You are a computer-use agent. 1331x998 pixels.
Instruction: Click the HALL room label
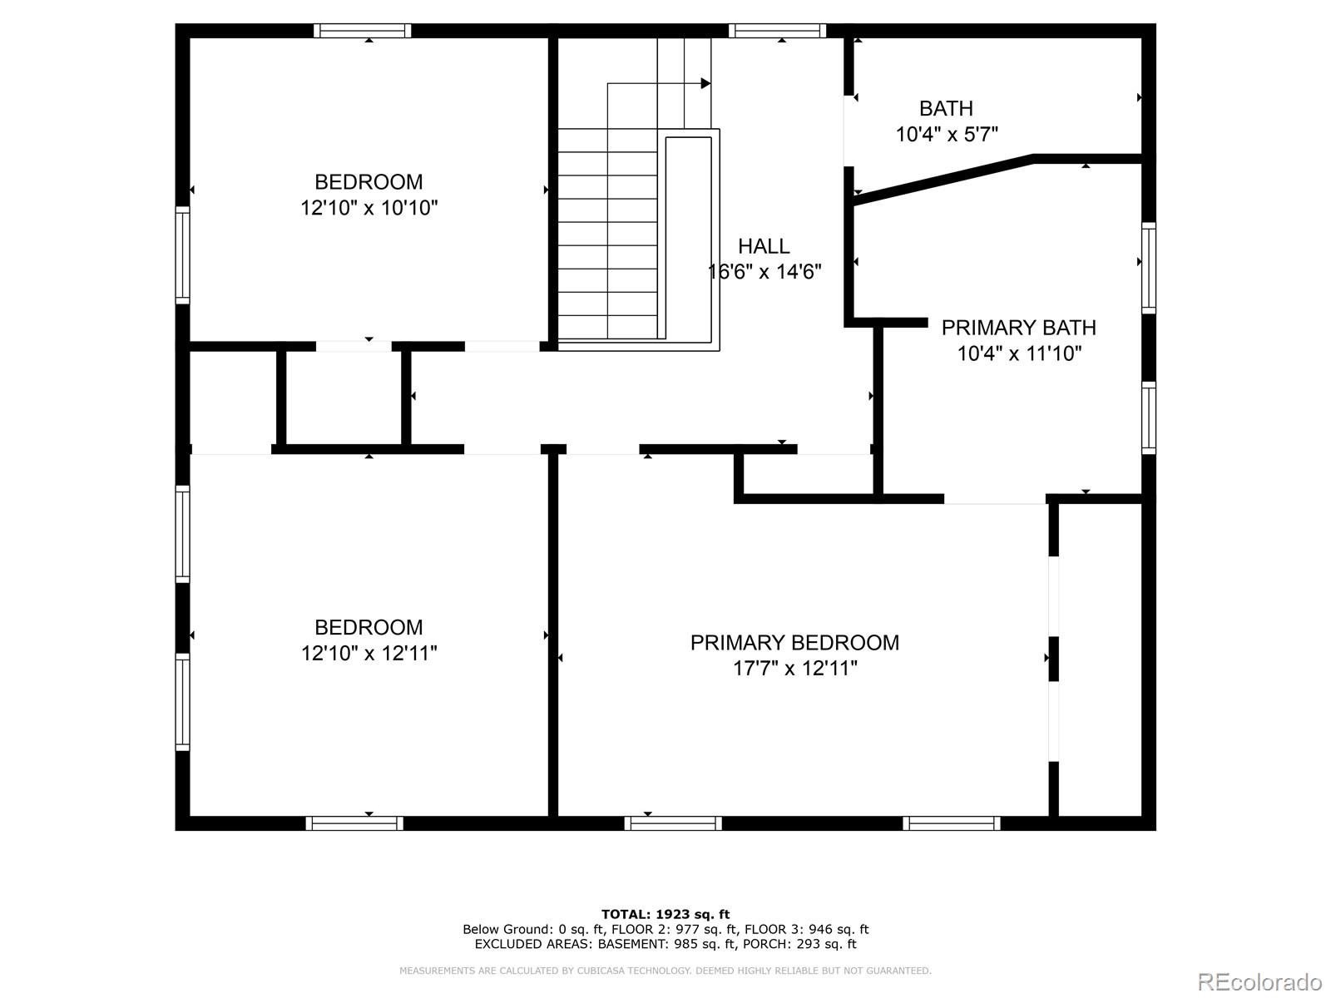click(x=764, y=246)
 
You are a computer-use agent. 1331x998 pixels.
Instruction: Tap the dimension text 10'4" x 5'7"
click(x=947, y=134)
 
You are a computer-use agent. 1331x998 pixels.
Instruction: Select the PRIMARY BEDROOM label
click(x=794, y=643)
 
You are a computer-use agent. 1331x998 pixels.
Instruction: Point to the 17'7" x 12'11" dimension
click(x=794, y=669)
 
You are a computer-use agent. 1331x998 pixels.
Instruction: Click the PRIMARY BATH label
click(x=1018, y=328)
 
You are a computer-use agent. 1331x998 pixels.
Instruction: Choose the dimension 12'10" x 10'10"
click(x=369, y=208)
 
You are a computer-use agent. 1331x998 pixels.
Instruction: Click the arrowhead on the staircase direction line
click(x=705, y=83)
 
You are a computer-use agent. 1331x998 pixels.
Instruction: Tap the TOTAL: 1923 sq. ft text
click(x=665, y=914)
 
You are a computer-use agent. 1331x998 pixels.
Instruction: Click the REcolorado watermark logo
click(x=1259, y=981)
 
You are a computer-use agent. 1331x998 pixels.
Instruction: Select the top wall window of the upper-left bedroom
click(x=363, y=31)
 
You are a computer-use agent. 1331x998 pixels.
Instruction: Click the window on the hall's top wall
click(x=778, y=31)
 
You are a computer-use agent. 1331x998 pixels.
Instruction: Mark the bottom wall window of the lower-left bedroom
click(x=354, y=823)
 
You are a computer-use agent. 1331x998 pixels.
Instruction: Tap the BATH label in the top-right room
click(x=946, y=108)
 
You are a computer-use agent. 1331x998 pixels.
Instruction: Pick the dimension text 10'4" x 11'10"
click(x=1018, y=354)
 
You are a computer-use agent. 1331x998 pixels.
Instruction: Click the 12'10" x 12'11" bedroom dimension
click(x=369, y=654)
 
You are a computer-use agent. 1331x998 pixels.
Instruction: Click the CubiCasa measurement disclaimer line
click(x=665, y=971)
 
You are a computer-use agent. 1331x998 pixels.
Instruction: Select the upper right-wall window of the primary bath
click(x=1149, y=268)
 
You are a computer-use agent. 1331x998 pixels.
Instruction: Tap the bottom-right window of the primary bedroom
click(x=952, y=823)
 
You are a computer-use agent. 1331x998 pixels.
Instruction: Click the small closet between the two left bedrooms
click(x=344, y=398)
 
